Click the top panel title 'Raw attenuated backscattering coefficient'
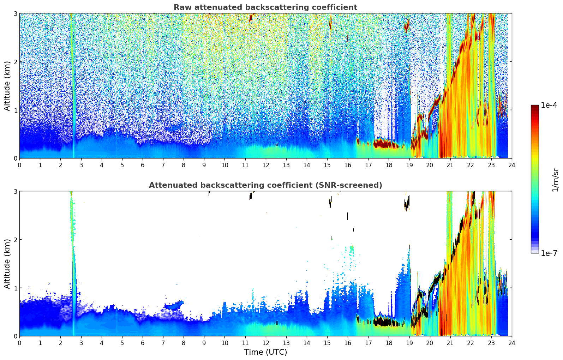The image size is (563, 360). point(265,7)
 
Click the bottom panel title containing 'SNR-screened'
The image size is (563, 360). point(265,185)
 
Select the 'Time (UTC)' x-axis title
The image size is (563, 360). point(265,352)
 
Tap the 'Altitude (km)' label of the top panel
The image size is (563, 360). point(7,86)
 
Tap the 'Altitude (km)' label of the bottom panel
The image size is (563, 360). point(7,264)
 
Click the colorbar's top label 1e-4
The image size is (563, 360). point(549,105)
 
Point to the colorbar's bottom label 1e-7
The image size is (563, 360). point(549,253)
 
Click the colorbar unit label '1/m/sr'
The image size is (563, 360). point(555,179)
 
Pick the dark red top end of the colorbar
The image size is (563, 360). point(534,107)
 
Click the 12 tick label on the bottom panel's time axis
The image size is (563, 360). point(265,343)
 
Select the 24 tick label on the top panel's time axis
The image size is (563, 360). point(511,165)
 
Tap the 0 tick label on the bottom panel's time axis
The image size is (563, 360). point(19,343)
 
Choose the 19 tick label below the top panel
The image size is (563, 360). point(409,165)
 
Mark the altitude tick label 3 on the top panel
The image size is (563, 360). point(15,13)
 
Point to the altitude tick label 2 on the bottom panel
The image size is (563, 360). point(15,240)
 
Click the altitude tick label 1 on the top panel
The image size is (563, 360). point(15,110)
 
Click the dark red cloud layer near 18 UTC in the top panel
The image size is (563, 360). point(385,144)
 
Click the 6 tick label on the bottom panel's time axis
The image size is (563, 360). point(143,343)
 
